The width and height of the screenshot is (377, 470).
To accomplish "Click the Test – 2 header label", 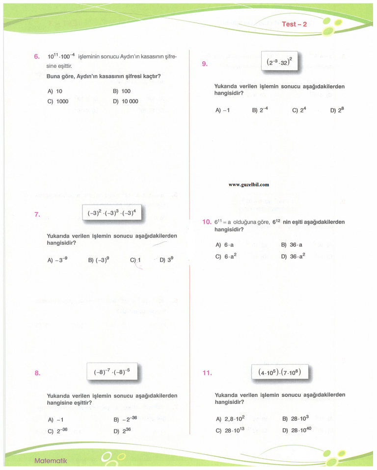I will click(294, 24).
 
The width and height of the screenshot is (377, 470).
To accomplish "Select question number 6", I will click(37, 56).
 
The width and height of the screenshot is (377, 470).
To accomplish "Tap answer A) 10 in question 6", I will click(55, 91).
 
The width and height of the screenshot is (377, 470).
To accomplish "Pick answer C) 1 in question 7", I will click(135, 260).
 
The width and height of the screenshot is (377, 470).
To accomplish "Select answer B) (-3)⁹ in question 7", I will click(99, 260).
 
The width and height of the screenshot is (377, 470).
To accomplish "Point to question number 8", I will click(37, 373).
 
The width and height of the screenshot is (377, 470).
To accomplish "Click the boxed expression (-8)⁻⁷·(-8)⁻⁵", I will click(112, 372).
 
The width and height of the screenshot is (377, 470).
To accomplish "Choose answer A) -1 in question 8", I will click(56, 420).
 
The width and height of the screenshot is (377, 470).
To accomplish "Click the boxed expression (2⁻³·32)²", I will click(279, 62).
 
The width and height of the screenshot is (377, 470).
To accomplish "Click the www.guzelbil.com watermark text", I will click(249, 184).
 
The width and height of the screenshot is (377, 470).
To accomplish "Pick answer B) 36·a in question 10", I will click(292, 245).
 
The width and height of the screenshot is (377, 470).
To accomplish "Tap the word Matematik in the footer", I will click(51, 461).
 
